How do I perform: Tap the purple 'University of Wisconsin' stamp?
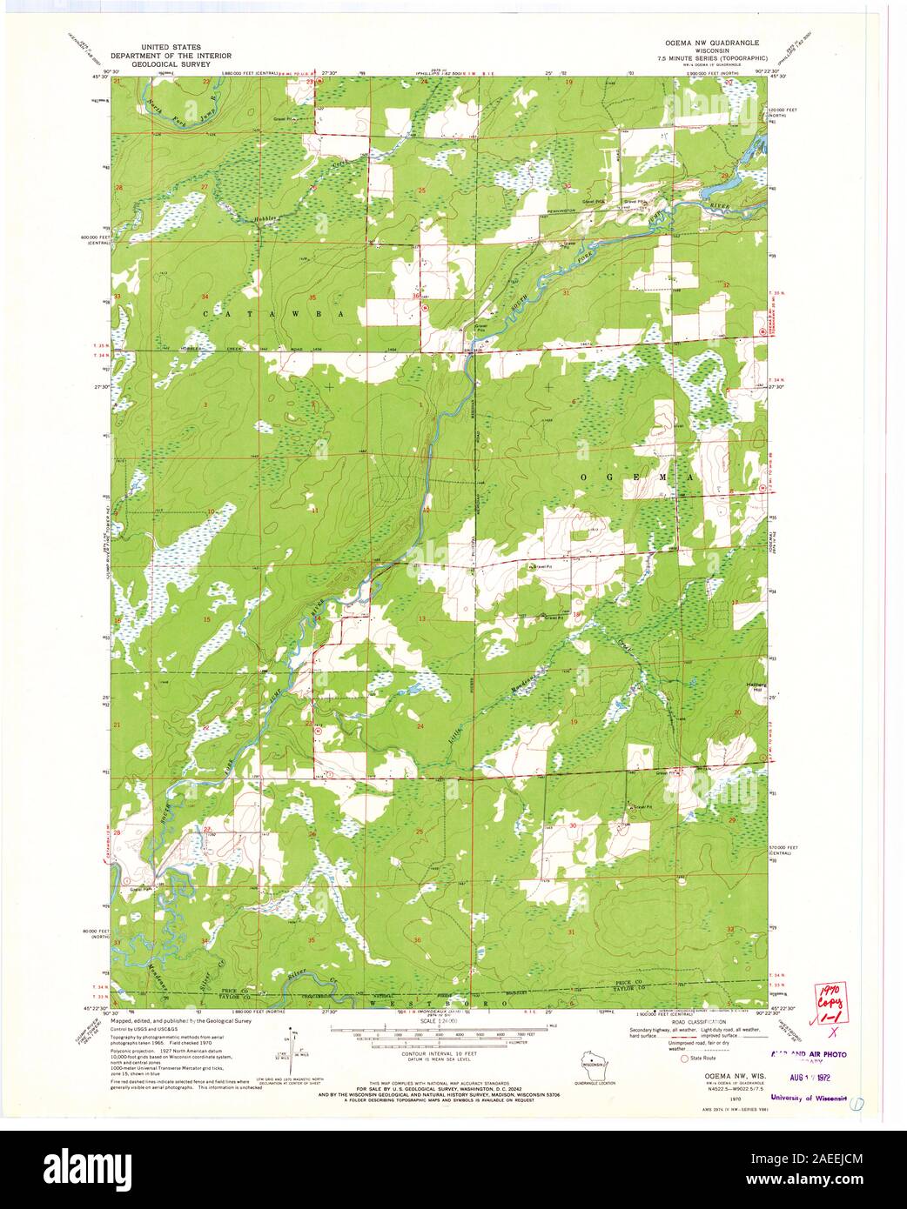809,1098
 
